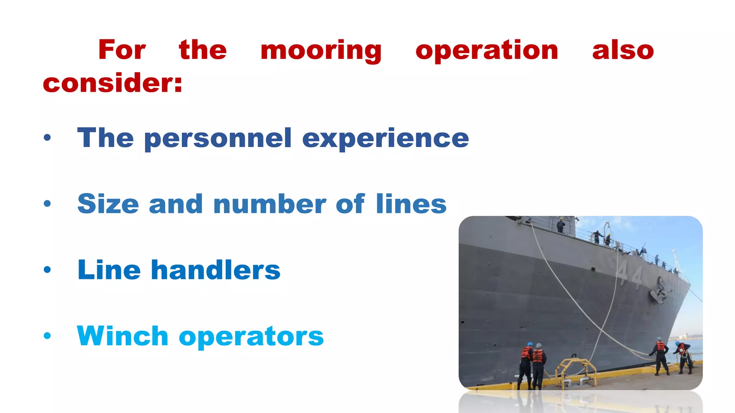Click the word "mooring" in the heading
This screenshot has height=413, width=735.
(x=321, y=51)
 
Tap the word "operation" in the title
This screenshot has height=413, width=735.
(x=487, y=51)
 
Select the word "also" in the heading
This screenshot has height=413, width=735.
(x=623, y=50)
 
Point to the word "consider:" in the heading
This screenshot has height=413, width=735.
(x=113, y=83)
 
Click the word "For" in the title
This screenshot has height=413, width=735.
(x=122, y=50)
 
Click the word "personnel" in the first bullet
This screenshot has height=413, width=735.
(x=218, y=139)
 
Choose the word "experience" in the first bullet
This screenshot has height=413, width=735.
(x=385, y=139)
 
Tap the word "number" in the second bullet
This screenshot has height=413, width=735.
(x=270, y=204)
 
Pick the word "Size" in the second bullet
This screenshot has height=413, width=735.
(x=108, y=204)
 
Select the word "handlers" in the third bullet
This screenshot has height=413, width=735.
(x=216, y=270)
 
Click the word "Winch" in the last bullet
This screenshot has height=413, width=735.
(x=122, y=336)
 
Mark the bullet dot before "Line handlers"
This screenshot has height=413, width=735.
(x=47, y=270)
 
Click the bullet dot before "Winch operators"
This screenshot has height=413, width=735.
(x=47, y=336)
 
